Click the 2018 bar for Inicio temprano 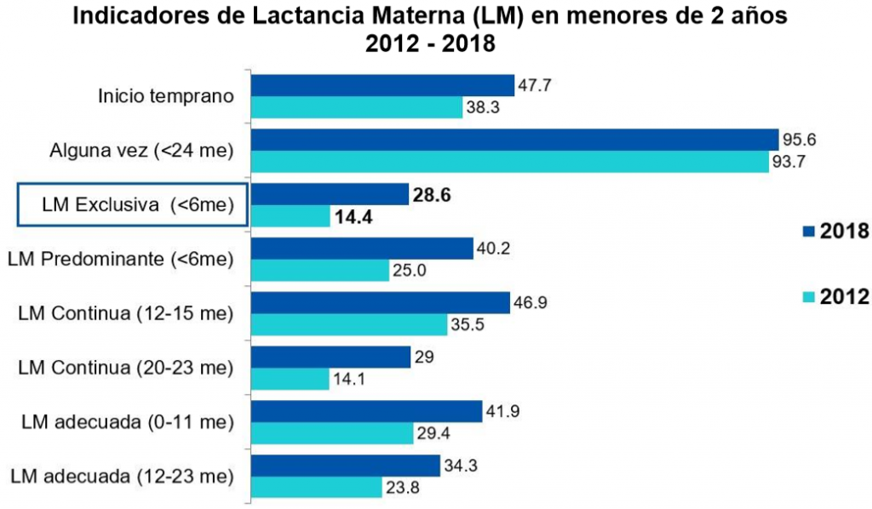point(383,85)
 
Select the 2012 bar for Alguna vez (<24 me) point(510,162)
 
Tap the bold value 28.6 point(431,195)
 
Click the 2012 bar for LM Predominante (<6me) point(320,271)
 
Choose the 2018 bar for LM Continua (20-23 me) point(330,357)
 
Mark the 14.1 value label point(350,380)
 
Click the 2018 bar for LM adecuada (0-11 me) point(367,411)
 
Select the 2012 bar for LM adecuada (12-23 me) point(317,488)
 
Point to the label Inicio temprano point(167,95)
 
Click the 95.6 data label point(799,140)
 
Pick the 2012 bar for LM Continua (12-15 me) point(349,325)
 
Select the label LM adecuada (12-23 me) point(126,475)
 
